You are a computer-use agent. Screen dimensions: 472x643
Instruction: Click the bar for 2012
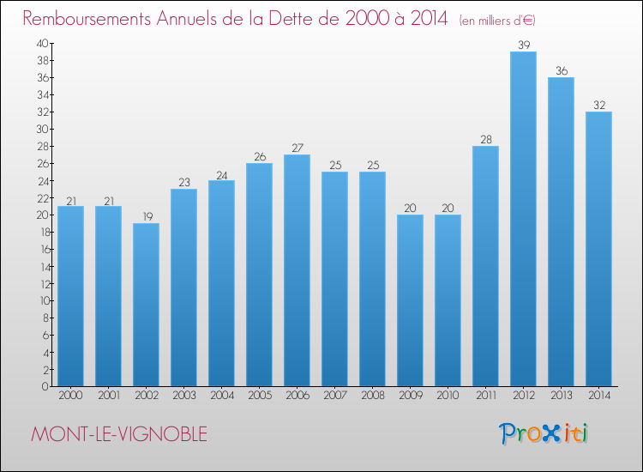pos(523,219)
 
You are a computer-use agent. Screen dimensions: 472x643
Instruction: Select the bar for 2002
pos(146,305)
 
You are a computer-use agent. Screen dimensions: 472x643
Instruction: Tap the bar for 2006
pos(297,270)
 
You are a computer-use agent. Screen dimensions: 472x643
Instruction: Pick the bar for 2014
pos(598,249)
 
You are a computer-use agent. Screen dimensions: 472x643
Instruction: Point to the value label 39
pos(523,44)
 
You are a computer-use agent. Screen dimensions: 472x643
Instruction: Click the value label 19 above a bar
pos(146,216)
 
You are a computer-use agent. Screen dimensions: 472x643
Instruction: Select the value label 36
pos(561,70)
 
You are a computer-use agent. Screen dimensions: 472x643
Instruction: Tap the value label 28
pos(485,139)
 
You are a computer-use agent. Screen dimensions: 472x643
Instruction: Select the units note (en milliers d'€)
pos(497,20)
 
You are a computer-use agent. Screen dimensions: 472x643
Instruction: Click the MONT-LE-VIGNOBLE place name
pos(118,434)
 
